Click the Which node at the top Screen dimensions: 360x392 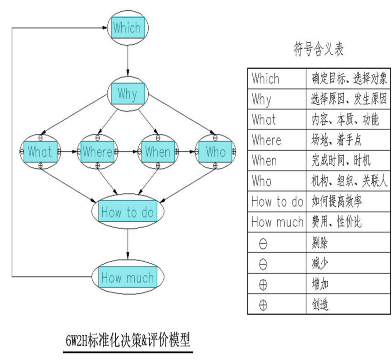tap(128, 28)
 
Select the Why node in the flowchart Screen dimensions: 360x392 tap(128, 94)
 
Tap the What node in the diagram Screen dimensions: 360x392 tap(40, 152)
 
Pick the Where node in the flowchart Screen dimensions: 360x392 tap(97, 152)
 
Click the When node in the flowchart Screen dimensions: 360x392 tap(157, 152)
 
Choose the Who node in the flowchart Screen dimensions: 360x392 tap(215, 152)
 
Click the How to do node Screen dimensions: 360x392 tap(128, 211)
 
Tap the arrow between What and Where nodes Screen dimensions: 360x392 tap(68, 152)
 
